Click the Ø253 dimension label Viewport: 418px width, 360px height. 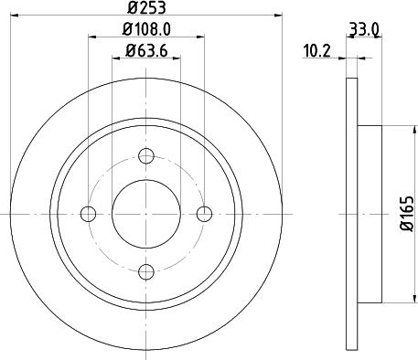pyautogui.click(x=145, y=7)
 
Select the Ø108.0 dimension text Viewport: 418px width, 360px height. pyautogui.click(x=145, y=31)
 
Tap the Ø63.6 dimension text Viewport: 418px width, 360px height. pyautogui.click(x=145, y=51)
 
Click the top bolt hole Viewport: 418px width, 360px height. pyautogui.click(x=145, y=156)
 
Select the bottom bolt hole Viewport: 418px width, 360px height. pyautogui.click(x=145, y=270)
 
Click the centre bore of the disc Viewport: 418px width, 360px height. pyautogui.click(x=145, y=213)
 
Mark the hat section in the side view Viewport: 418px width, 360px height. pyautogui.click(x=367, y=213)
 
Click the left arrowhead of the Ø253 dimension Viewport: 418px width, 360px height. pyautogui.click(x=16, y=16)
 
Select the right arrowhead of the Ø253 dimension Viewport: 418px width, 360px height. pyautogui.click(x=273, y=16)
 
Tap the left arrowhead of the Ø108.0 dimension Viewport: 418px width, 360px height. pyautogui.click(x=92, y=38)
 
